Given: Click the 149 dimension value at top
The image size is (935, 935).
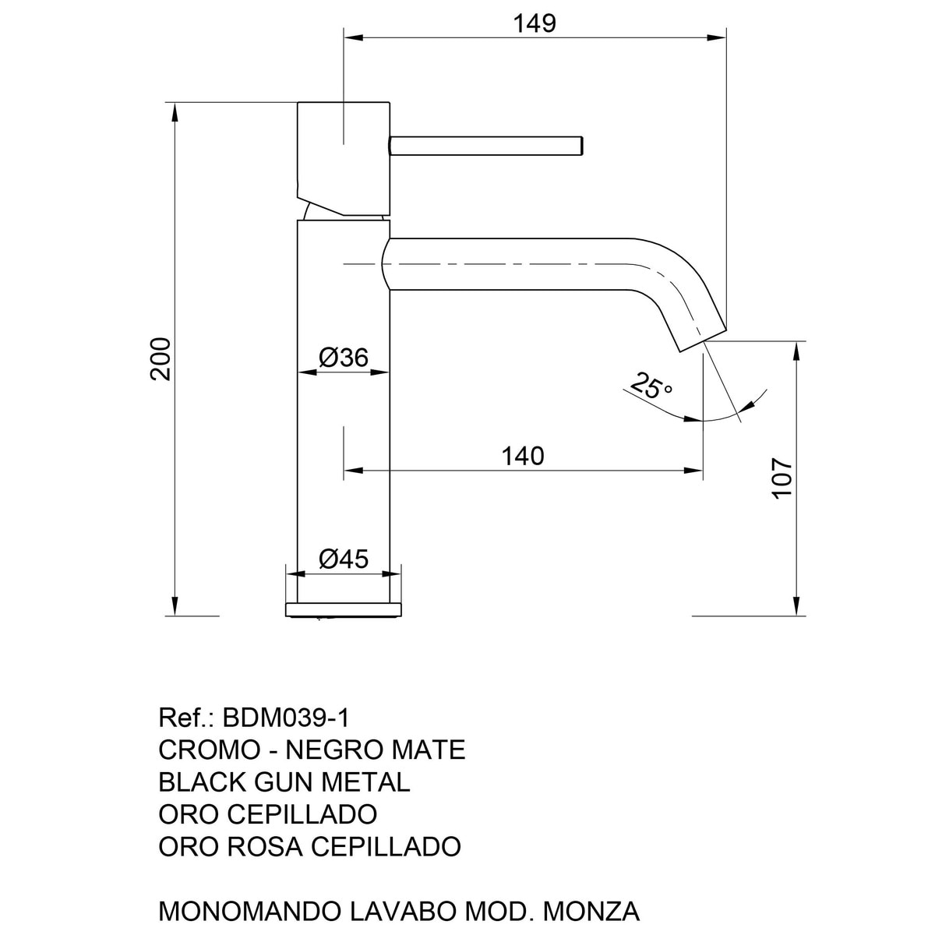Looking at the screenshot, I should [x=535, y=23].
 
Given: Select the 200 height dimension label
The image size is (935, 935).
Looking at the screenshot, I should [x=161, y=358].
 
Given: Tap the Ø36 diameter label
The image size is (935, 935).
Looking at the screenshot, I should [x=344, y=358].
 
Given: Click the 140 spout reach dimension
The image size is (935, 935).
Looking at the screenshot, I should [x=523, y=456].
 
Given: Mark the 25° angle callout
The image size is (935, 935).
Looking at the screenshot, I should [x=651, y=386].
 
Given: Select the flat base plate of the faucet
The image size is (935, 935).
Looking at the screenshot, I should [x=344, y=609].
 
